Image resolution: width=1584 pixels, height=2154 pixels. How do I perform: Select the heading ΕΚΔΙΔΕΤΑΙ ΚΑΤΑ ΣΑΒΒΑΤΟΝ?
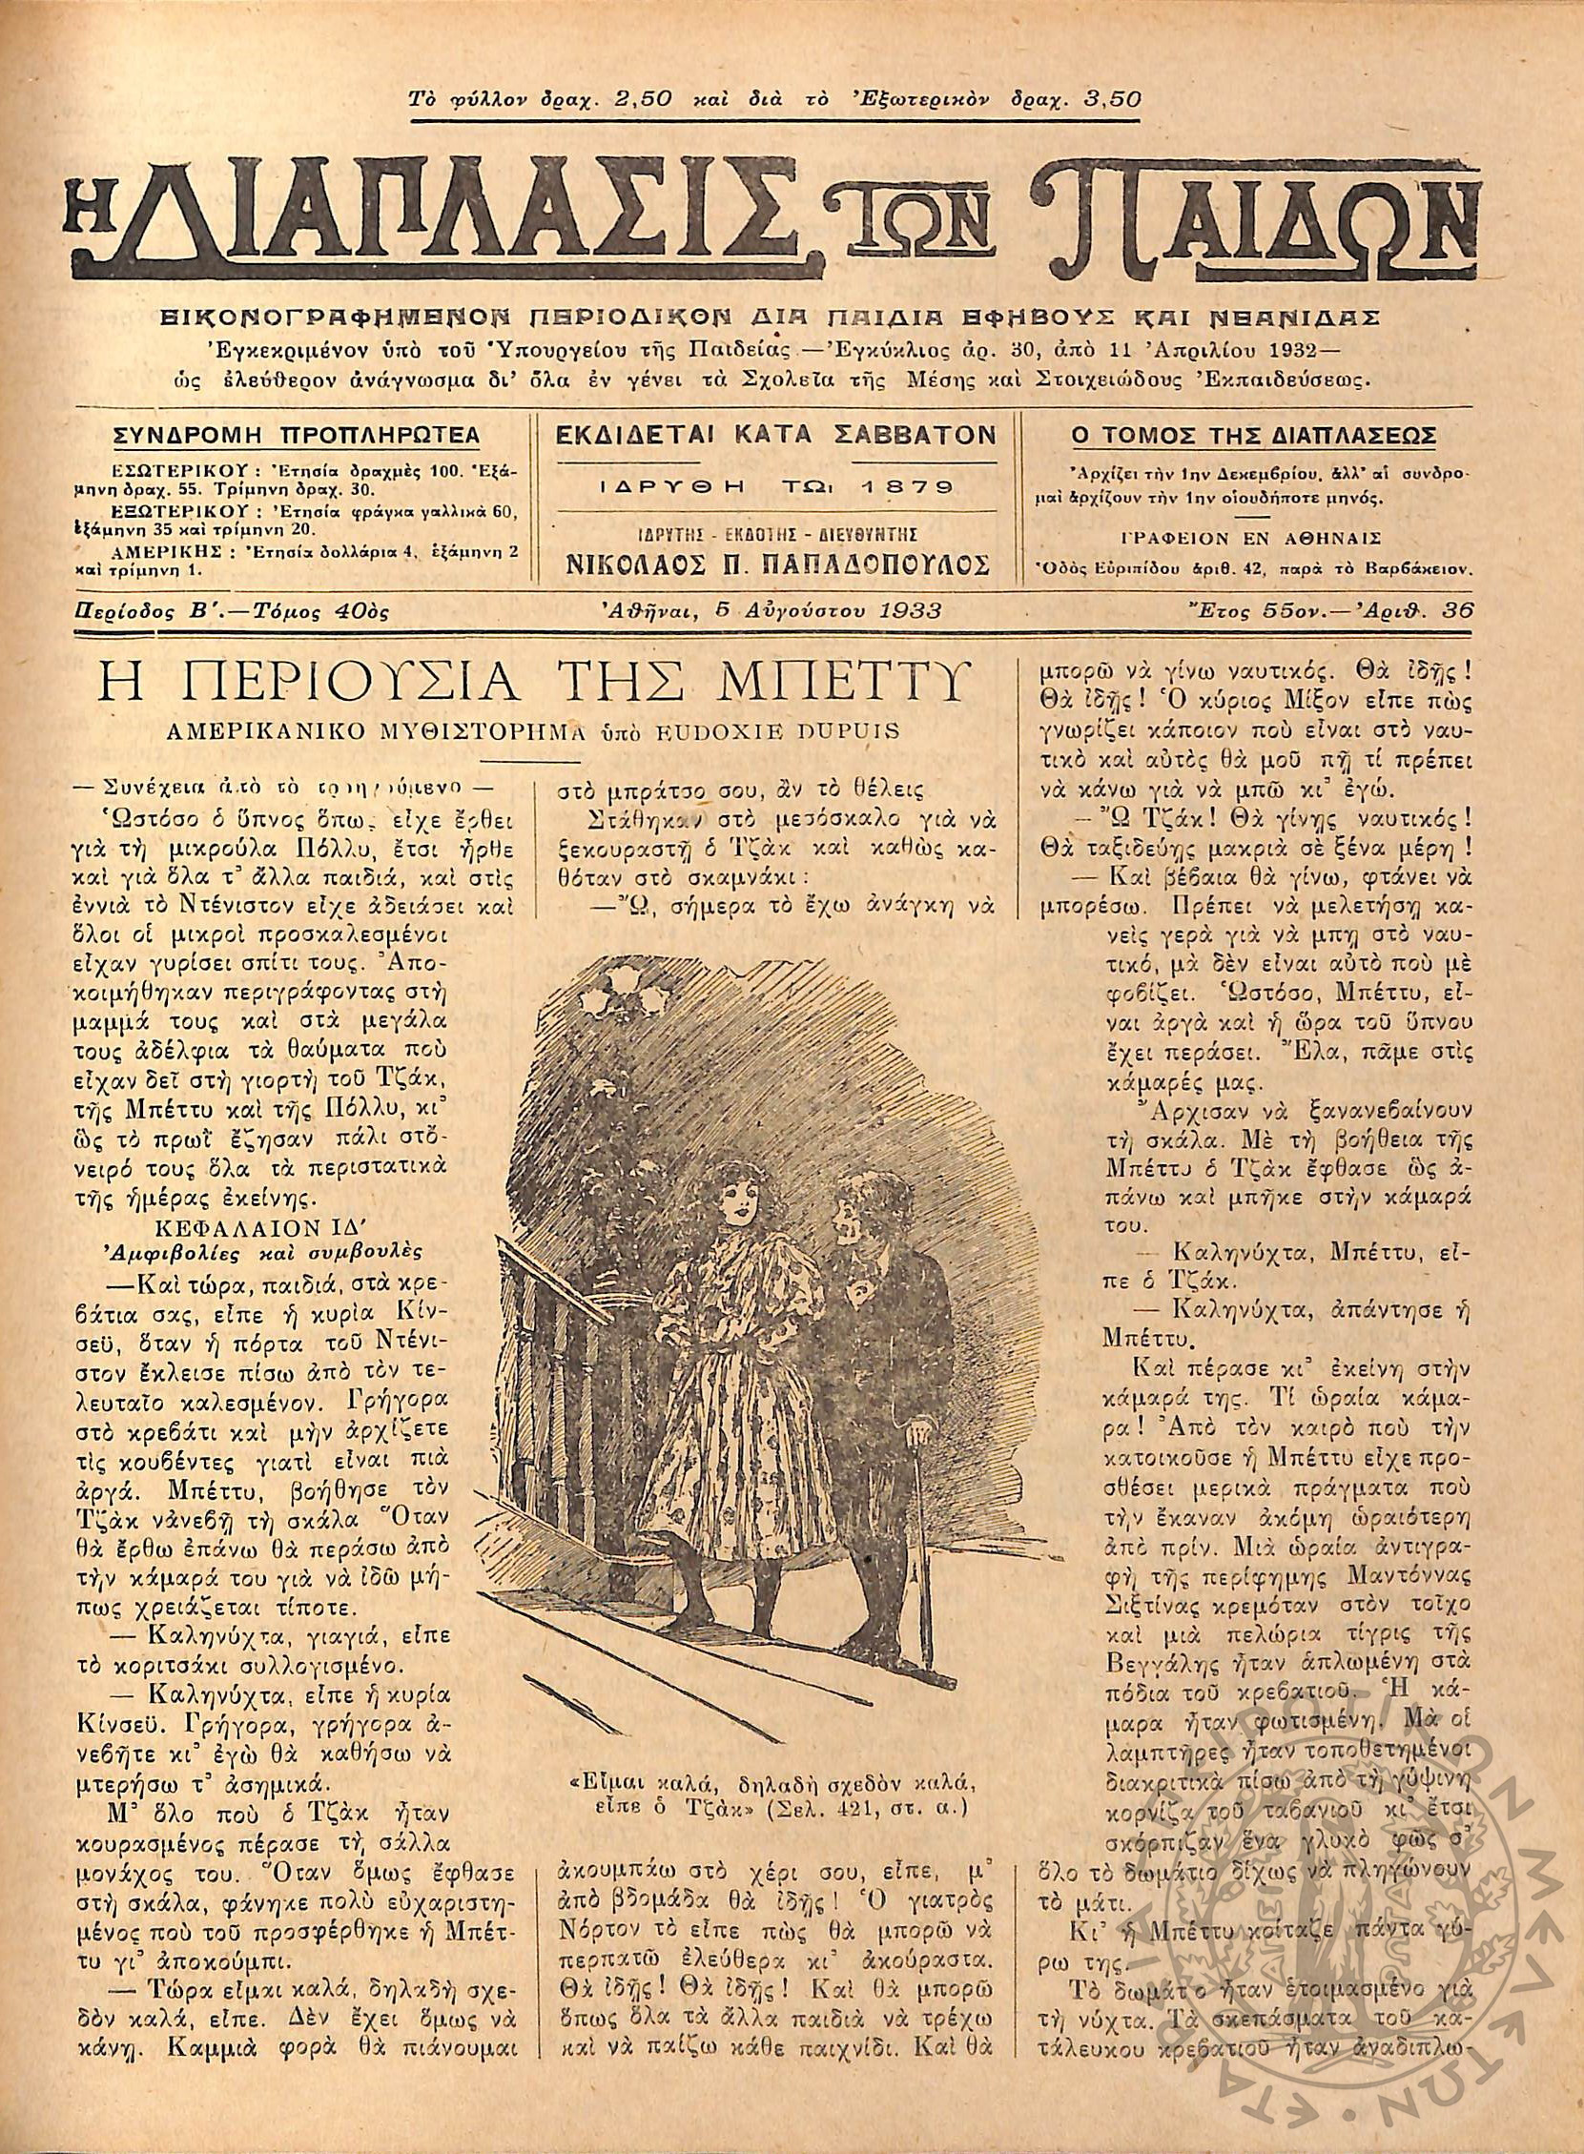tap(776, 434)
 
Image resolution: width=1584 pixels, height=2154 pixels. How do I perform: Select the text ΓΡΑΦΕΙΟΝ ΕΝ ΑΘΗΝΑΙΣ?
tap(1256, 536)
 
